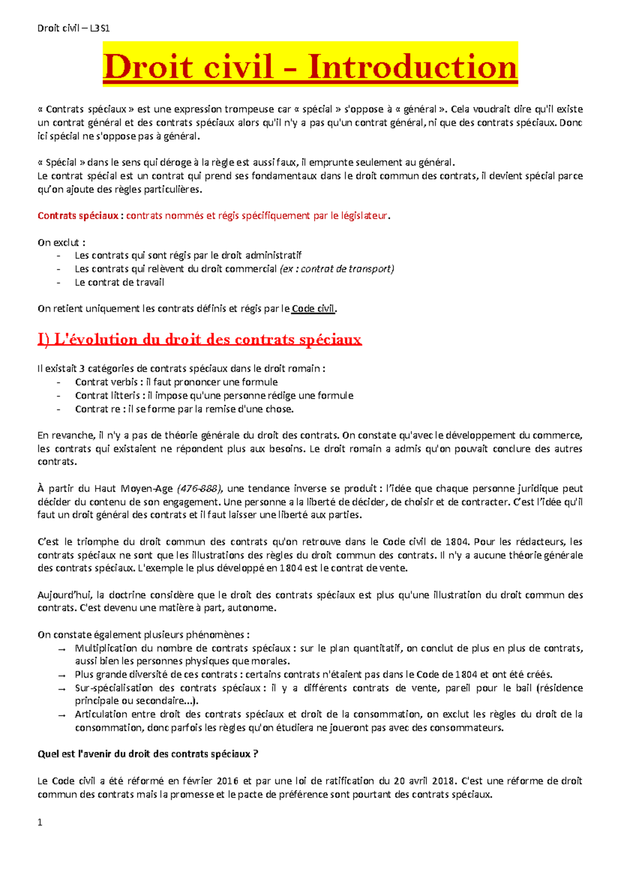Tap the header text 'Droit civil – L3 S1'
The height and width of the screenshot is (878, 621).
coord(73,28)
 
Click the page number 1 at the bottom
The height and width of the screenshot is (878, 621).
coord(40,822)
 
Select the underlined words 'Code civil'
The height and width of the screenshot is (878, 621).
coord(313,309)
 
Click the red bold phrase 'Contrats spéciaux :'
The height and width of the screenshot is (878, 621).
coord(80,216)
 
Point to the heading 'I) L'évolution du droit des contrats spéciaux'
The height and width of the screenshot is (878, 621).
coord(199,339)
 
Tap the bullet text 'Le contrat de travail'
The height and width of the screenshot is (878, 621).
coord(120,282)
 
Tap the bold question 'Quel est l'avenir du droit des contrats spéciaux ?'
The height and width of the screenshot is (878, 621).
coord(147,754)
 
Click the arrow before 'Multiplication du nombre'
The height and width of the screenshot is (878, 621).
coord(62,649)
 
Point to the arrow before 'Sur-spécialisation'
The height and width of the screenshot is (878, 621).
coord(62,689)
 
